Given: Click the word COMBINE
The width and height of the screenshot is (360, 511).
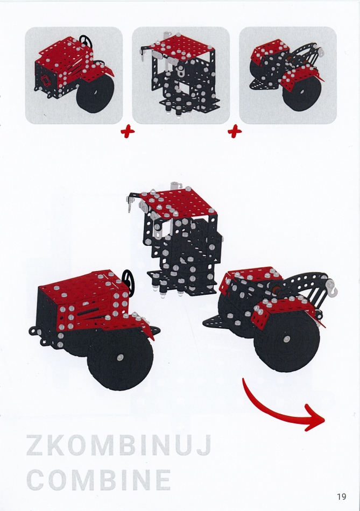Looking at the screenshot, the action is tap(98, 480).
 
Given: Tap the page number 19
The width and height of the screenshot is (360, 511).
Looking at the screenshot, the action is tap(342, 496).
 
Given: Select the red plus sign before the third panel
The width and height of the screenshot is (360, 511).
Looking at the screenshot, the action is tap(235, 132).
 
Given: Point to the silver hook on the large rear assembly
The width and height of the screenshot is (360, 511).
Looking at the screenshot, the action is tap(332, 285).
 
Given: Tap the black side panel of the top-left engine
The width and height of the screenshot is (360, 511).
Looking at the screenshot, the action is tap(46, 78).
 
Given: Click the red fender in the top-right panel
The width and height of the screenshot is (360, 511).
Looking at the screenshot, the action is tap(302, 76).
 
